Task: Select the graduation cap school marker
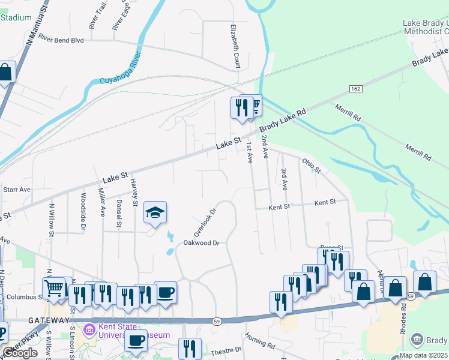pyautogui.click(x=155, y=213)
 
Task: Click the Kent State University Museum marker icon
pyautogui.click(x=89, y=329)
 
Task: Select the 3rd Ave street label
pyautogui.click(x=284, y=180)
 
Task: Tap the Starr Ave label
pyautogui.click(x=16, y=189)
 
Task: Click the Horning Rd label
pyautogui.click(x=259, y=343)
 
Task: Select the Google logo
pyautogui.click(x=20, y=353)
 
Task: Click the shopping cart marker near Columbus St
pyautogui.click(x=54, y=287)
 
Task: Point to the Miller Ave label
pyautogui.click(x=101, y=202)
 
